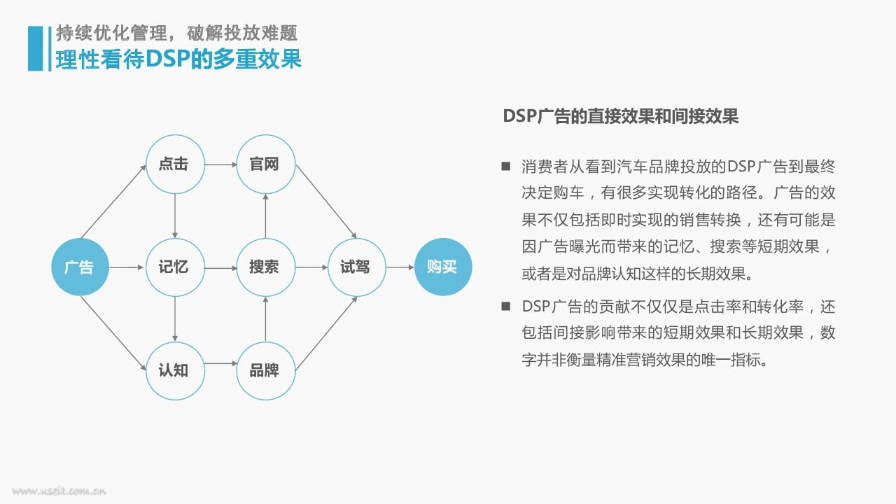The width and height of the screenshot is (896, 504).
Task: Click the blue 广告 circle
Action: [x=80, y=267]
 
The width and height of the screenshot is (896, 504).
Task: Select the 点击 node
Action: [x=175, y=164]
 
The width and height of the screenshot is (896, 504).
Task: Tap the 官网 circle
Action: [x=266, y=164]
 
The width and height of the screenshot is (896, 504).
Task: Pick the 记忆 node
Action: [x=175, y=267]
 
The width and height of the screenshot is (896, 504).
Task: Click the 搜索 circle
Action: [x=266, y=267]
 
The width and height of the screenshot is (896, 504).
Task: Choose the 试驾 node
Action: [x=357, y=267]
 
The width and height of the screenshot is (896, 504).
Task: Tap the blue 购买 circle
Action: [x=443, y=267]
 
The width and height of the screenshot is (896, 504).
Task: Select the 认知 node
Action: [x=175, y=370]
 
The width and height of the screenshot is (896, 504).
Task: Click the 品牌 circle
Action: [x=266, y=370]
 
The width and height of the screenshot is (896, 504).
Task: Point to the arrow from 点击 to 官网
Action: [x=220, y=164]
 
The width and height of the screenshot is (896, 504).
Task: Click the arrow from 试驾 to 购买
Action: [x=400, y=267]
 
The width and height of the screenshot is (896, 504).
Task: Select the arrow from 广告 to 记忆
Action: [x=127, y=267]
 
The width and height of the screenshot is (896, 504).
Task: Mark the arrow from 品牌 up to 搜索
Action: [x=265, y=318]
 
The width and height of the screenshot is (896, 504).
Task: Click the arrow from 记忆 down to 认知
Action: [x=175, y=318]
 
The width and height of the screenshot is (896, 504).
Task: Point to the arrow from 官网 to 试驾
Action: [x=326, y=202]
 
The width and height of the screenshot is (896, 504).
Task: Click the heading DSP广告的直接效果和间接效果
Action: [x=620, y=116]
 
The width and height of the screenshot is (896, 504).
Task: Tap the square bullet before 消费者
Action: [x=506, y=166]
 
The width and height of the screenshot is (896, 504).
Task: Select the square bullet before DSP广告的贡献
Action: [x=506, y=307]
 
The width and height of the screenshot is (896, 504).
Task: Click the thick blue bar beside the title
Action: [x=35, y=48]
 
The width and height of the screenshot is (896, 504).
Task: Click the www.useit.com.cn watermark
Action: [x=59, y=491]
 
